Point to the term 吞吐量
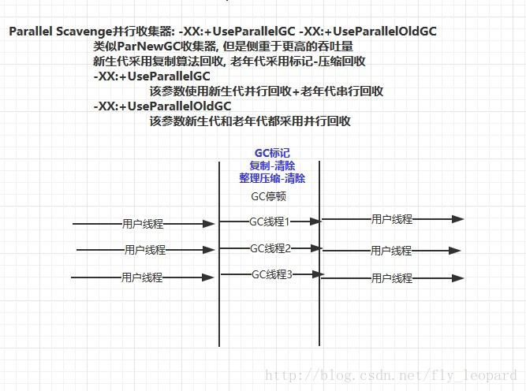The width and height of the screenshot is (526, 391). pyautogui.click(x=356, y=47)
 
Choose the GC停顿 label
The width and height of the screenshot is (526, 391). pyautogui.click(x=268, y=196)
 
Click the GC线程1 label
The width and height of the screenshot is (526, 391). pyautogui.click(x=270, y=222)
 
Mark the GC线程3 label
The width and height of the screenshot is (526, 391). pyautogui.click(x=272, y=274)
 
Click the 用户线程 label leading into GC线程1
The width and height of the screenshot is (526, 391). pyautogui.click(x=143, y=224)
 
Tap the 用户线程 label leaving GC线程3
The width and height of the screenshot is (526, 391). pyautogui.click(x=392, y=277)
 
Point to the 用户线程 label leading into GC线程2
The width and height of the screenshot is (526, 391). pyautogui.click(x=145, y=250)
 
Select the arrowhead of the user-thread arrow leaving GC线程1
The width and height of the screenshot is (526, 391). pyautogui.click(x=457, y=219)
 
